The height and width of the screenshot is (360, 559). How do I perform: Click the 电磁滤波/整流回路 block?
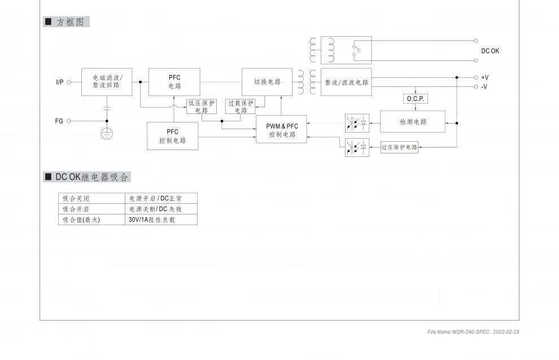coord(107,82)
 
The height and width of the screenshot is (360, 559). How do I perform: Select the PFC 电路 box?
coord(174,82)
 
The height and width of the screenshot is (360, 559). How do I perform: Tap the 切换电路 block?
coord(267,82)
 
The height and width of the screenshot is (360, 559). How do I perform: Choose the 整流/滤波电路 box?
coord(346,82)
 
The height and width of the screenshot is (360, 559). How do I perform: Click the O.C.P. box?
coord(415,99)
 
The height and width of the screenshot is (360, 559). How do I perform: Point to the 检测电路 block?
coord(413,121)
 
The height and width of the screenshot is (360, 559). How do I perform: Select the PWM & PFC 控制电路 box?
coord(282,130)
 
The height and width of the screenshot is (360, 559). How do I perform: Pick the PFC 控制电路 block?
coord(172,136)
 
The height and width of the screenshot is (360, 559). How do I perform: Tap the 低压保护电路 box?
coord(202,107)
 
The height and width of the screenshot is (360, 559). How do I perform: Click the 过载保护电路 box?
coord(241,107)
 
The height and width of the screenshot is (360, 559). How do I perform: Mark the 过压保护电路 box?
coord(399,147)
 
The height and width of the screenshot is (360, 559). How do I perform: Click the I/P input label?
coord(60,82)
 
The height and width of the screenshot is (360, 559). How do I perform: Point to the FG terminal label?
coord(59,121)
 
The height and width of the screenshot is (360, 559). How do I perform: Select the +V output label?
coord(484,77)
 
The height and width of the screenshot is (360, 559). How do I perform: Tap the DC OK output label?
coord(490,51)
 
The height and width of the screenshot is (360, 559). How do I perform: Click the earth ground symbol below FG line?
coord(107,133)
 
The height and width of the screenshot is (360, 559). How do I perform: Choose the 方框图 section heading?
coord(66,22)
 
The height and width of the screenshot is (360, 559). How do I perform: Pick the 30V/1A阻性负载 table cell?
coord(161,219)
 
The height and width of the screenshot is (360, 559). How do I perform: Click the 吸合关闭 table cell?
coord(92,199)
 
